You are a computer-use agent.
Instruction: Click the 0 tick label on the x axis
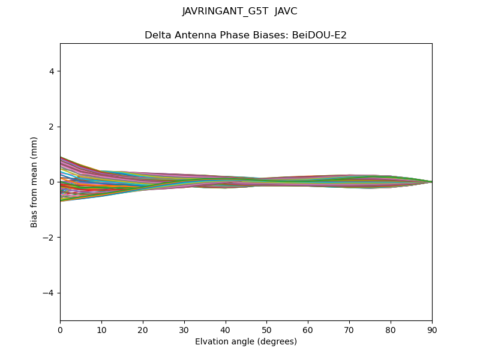click(x=60, y=329)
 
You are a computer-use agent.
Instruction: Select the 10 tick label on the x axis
click(x=101, y=329)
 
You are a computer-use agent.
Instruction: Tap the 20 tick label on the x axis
click(x=143, y=329)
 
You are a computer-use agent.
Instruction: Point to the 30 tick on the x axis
click(x=184, y=329)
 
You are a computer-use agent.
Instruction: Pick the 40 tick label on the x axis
click(x=226, y=329)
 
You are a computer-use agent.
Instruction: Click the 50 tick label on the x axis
click(x=266, y=329)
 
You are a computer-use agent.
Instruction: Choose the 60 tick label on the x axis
click(x=308, y=329)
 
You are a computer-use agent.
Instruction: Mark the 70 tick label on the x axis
click(x=349, y=329)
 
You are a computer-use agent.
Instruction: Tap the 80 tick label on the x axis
click(x=391, y=329)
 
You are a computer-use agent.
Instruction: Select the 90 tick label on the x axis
click(x=432, y=329)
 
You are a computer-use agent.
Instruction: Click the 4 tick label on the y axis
click(x=52, y=71)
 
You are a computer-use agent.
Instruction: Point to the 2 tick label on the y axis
click(x=52, y=127)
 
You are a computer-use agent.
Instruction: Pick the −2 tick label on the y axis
click(x=49, y=238)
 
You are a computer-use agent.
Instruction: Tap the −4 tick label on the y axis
click(x=49, y=293)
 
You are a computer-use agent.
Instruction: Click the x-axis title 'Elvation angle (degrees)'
click(x=246, y=341)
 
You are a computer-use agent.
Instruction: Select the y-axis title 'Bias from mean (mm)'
click(x=34, y=182)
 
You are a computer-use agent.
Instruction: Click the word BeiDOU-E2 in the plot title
click(x=319, y=35)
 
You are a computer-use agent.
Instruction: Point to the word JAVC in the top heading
click(x=286, y=11)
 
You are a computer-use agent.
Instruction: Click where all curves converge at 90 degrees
click(x=431, y=182)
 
